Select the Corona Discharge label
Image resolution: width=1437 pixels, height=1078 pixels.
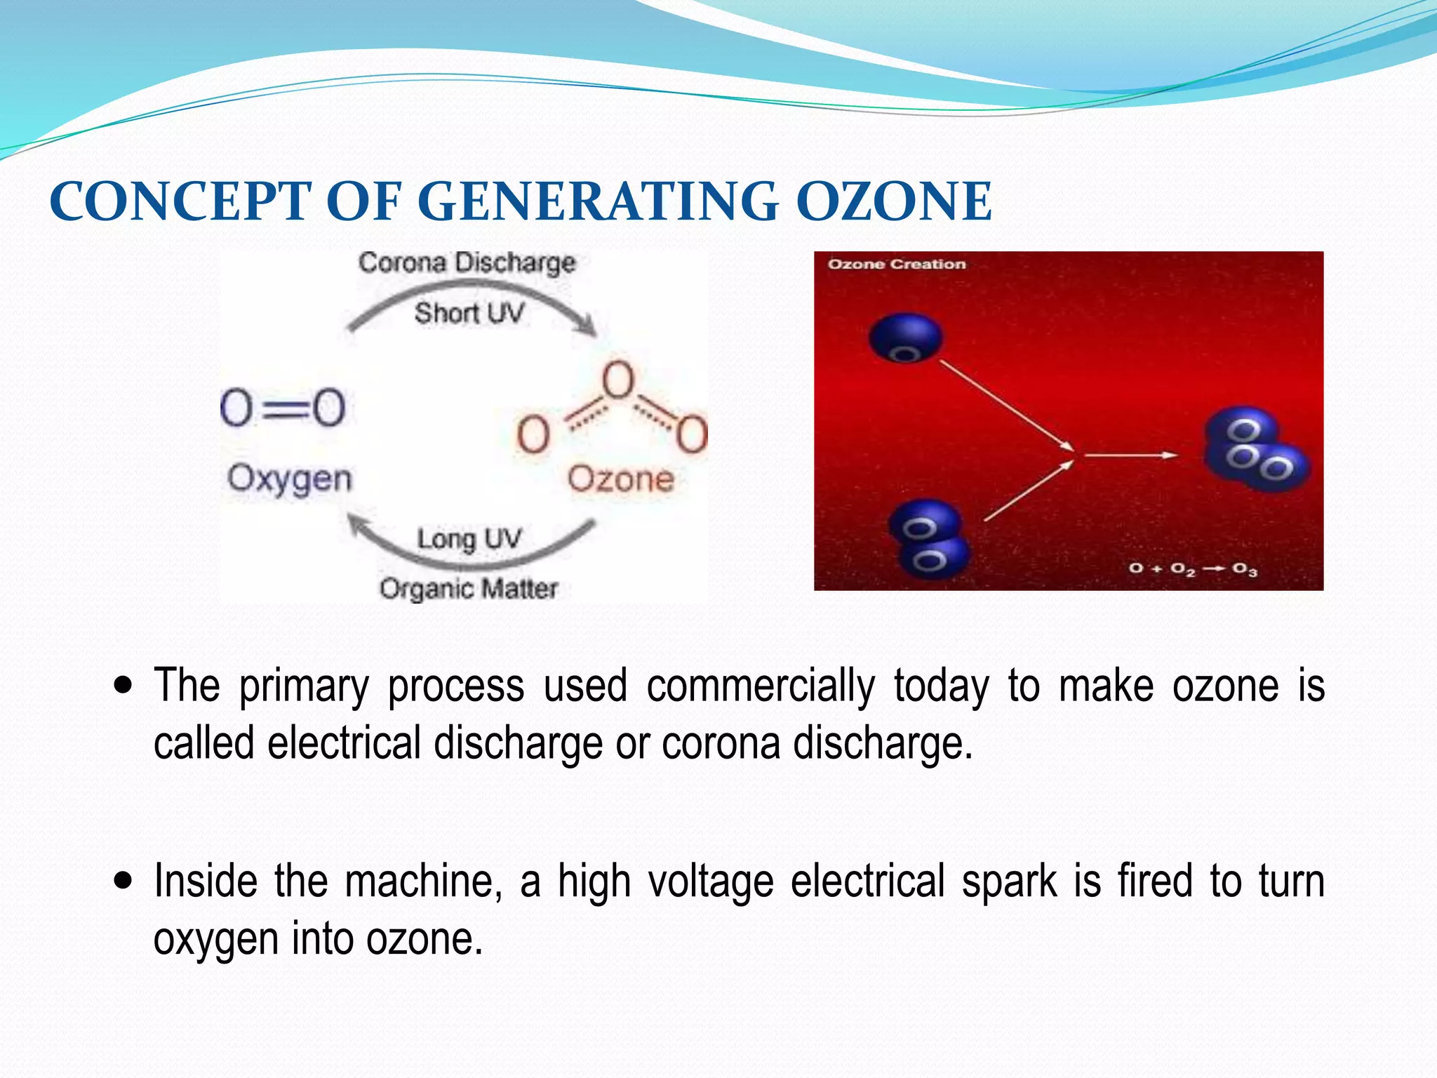[x=467, y=262]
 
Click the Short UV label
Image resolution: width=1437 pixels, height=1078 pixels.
[x=469, y=313]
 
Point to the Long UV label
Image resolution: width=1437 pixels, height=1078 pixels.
[x=469, y=539]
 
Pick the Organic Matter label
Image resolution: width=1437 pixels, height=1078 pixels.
[x=469, y=588]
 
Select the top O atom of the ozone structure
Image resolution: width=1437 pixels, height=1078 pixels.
[x=618, y=380]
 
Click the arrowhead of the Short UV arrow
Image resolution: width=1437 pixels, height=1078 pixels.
[x=587, y=326]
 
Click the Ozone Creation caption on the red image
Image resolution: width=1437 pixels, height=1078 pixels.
[x=897, y=265]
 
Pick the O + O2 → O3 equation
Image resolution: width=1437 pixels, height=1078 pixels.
[x=1193, y=568]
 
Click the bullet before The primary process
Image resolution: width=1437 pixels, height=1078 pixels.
[x=123, y=684]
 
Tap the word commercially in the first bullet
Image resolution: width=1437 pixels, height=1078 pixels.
[x=761, y=686]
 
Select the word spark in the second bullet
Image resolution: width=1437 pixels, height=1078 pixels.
[x=1009, y=881]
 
